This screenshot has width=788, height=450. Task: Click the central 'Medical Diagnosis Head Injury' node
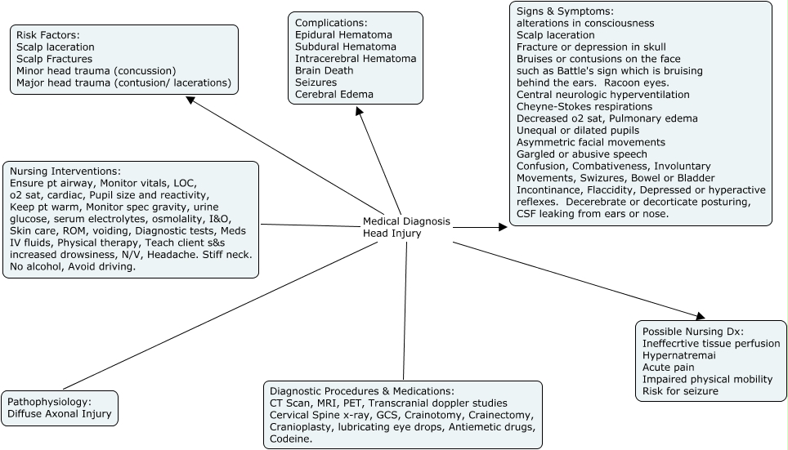[406, 228]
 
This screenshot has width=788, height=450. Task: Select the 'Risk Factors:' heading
[47, 36]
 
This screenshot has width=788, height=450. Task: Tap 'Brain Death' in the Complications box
[325, 71]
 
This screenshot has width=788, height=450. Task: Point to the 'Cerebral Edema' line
[334, 95]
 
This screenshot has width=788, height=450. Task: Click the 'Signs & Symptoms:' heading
[564, 12]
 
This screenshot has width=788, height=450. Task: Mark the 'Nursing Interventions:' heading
[65, 172]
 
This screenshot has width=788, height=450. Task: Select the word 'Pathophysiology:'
[50, 402]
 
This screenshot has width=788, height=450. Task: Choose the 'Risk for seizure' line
[680, 391]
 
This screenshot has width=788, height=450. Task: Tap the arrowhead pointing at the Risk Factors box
[190, 100]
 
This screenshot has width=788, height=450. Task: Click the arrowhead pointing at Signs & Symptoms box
[502, 227]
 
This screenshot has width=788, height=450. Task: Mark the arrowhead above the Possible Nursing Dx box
[699, 314]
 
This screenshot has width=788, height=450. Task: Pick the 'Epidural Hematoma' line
[343, 35]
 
